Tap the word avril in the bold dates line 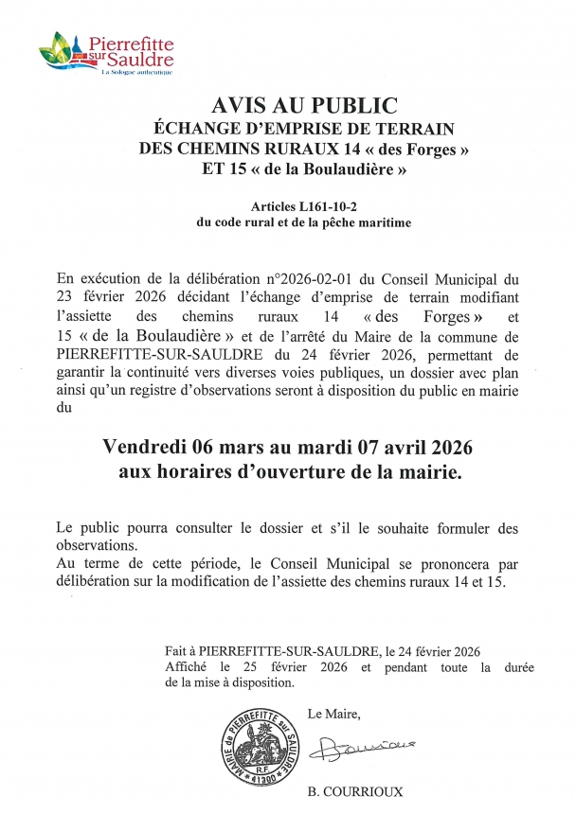[412, 447]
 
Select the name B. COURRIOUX [355, 792]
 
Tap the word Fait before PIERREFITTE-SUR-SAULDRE [176, 651]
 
